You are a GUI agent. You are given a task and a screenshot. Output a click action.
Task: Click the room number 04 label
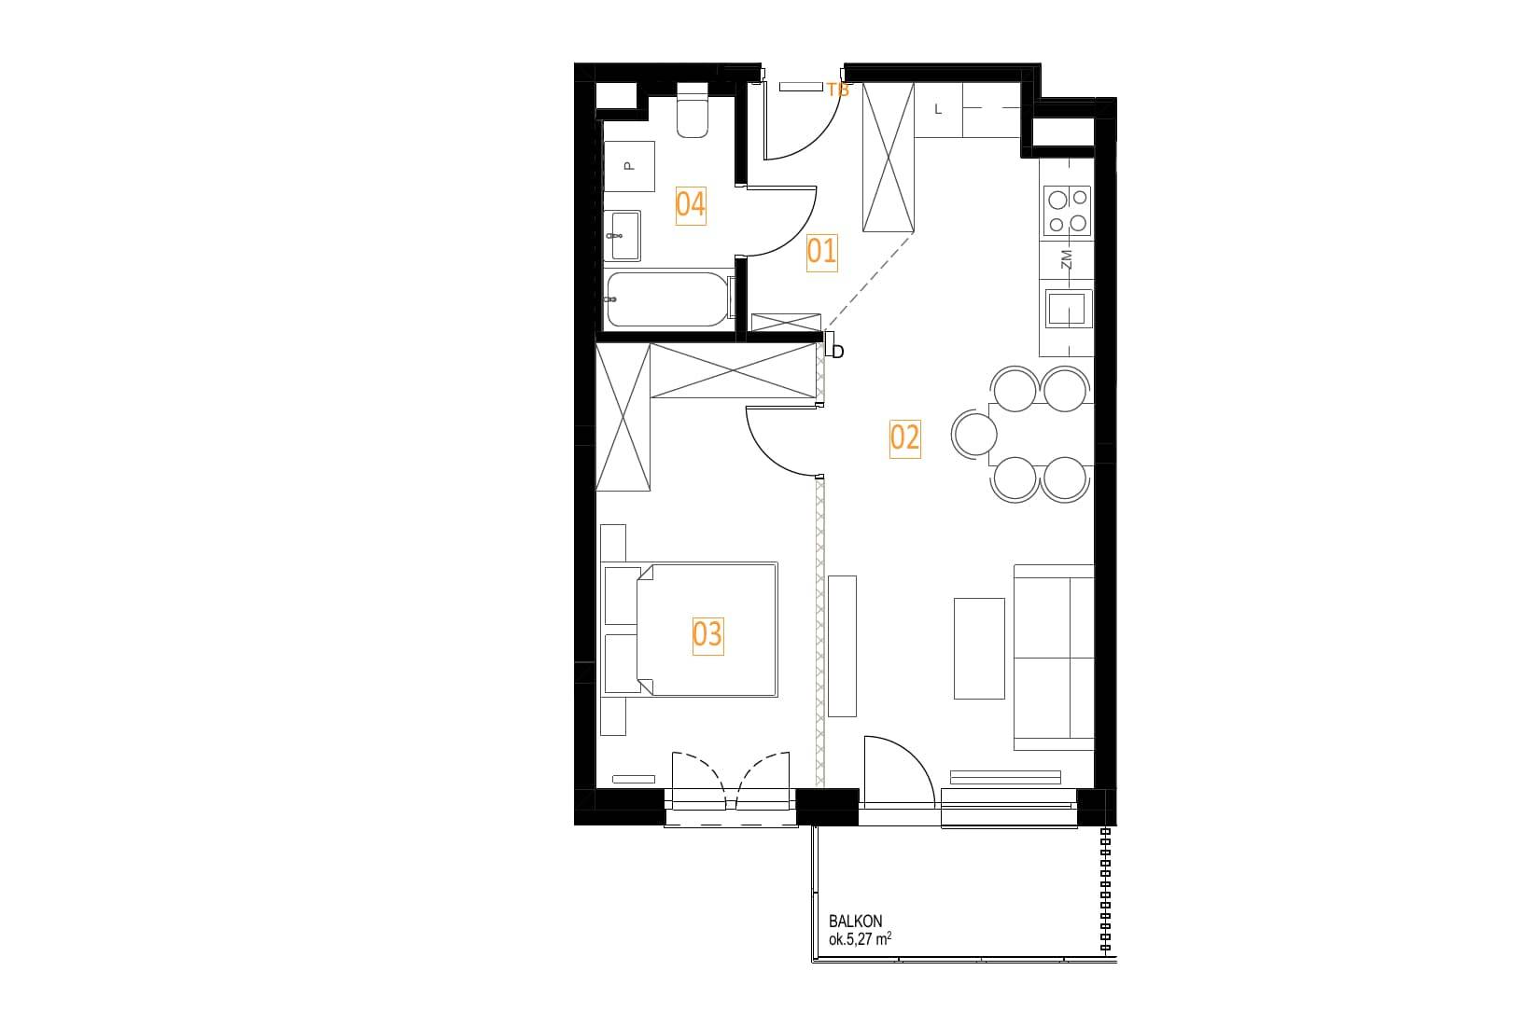pyautogui.click(x=691, y=205)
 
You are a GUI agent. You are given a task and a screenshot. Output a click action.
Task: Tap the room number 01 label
pyautogui.click(x=821, y=252)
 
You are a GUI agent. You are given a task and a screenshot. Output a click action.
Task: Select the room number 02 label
pyautogui.click(x=904, y=437)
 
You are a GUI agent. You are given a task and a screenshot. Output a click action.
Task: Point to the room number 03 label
pyautogui.click(x=707, y=634)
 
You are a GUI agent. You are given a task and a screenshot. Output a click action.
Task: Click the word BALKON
pyautogui.click(x=855, y=921)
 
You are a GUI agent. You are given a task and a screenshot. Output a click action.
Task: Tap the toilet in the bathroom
pyautogui.click(x=693, y=111)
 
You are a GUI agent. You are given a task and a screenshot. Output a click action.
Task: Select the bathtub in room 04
pyautogui.click(x=667, y=298)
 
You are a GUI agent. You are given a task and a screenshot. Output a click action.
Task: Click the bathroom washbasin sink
pyautogui.click(x=623, y=236)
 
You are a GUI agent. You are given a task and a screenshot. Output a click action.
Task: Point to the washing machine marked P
pyautogui.click(x=629, y=166)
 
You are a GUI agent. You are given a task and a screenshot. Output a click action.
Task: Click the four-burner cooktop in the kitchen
pyautogui.click(x=1067, y=212)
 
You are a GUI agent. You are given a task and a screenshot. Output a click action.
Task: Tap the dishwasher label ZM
pyautogui.click(x=1066, y=259)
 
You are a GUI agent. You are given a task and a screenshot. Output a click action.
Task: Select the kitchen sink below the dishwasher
pyautogui.click(x=1069, y=309)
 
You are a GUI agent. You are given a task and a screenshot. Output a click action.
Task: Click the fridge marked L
pyautogui.click(x=938, y=110)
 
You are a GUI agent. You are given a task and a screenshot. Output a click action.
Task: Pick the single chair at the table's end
pyautogui.click(x=974, y=434)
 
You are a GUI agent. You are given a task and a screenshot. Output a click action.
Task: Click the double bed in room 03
pyautogui.click(x=691, y=631)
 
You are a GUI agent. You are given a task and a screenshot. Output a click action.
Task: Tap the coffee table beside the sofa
pyautogui.click(x=980, y=649)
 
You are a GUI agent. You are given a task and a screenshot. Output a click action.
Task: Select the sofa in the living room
pyautogui.click(x=1054, y=658)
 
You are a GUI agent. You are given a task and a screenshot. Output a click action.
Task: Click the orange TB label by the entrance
pyautogui.click(x=838, y=90)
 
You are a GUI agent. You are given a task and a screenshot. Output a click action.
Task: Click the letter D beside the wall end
pyautogui.click(x=838, y=352)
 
